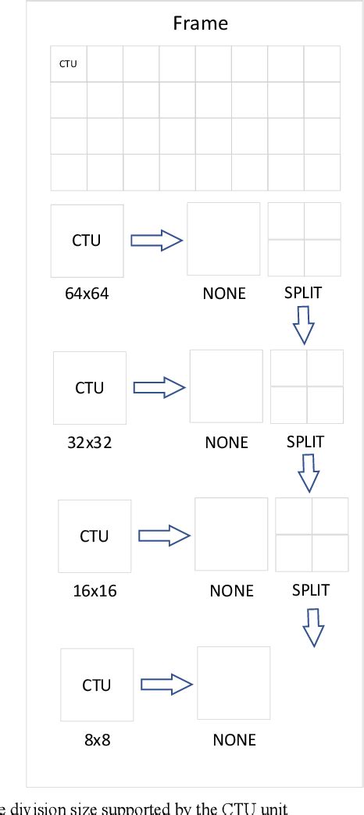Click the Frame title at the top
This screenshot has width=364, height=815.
click(x=200, y=23)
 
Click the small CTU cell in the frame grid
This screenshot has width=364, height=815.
click(x=69, y=64)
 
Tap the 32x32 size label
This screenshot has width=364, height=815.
click(x=89, y=442)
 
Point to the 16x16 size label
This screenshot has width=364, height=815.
click(x=94, y=590)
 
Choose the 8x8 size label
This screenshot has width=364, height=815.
click(x=97, y=738)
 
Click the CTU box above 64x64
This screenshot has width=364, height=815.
click(x=87, y=240)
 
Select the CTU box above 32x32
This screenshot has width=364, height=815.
click(x=89, y=388)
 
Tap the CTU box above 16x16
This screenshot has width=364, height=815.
click(x=95, y=536)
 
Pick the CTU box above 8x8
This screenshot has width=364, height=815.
click(x=97, y=685)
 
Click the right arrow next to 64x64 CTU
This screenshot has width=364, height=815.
click(x=155, y=240)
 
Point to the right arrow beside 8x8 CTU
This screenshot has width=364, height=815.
click(x=166, y=684)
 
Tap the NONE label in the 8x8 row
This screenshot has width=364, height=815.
click(x=234, y=738)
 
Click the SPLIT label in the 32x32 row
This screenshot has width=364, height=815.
click(x=305, y=442)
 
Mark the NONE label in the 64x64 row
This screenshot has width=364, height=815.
click(x=224, y=294)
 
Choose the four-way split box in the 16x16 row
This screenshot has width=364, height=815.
click(x=312, y=535)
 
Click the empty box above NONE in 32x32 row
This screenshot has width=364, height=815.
click(x=227, y=386)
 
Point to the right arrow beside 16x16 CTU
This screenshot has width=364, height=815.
click(x=164, y=536)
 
